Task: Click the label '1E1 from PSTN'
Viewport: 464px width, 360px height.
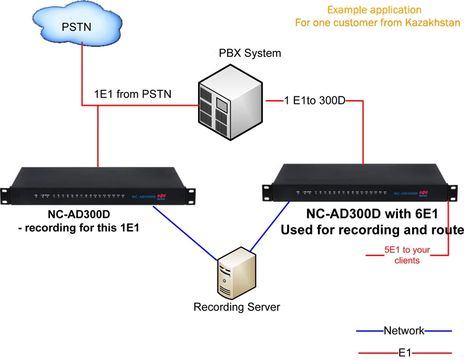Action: pos(132,94)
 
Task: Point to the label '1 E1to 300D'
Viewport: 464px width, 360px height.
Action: pos(315,100)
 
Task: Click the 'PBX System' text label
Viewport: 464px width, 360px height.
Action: pos(249,53)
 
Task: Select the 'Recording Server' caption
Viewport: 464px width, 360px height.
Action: pos(236,307)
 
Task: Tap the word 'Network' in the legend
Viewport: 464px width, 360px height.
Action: pos(403,330)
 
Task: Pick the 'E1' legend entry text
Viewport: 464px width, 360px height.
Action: pos(404,353)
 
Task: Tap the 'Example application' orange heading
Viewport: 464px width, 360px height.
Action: pos(374,10)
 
